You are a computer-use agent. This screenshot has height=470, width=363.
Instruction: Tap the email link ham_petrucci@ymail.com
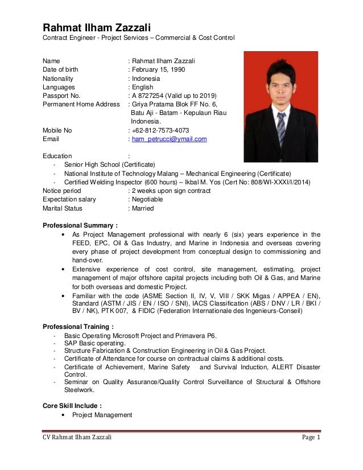click(169, 139)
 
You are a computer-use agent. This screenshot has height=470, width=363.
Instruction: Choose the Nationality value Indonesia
click(146, 79)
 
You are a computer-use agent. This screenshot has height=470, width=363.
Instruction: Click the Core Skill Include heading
click(73, 406)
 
